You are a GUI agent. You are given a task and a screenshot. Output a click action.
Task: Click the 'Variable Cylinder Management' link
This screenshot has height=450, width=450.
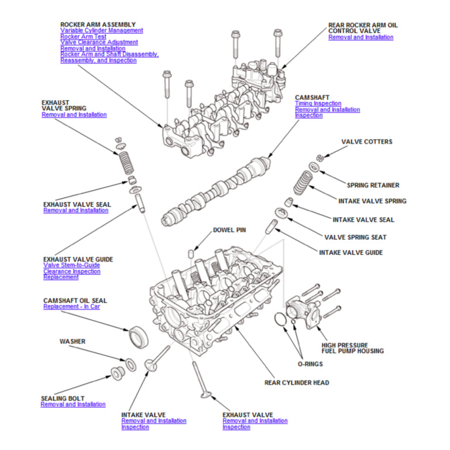click(101, 30)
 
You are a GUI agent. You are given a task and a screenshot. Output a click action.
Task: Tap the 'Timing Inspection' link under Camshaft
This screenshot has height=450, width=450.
click(318, 104)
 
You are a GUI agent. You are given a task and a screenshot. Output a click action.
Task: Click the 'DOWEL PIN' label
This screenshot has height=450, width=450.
click(229, 230)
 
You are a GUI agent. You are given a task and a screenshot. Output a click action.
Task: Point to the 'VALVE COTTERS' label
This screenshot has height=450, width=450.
click(367, 142)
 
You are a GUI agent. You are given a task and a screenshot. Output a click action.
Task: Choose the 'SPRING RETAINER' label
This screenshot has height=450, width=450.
click(373, 186)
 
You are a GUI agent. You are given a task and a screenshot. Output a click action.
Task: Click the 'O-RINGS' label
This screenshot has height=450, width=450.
click(310, 364)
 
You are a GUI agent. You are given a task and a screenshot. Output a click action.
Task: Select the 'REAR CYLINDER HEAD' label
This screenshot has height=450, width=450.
click(297, 383)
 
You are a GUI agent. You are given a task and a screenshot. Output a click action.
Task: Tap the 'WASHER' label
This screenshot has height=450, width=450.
click(73, 341)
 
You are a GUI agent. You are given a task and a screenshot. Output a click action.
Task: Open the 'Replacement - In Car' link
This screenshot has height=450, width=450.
click(71, 307)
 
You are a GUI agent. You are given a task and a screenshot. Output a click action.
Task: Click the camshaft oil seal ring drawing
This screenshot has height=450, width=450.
click(139, 336)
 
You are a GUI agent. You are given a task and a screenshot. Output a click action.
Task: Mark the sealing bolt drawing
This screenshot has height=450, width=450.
click(117, 373)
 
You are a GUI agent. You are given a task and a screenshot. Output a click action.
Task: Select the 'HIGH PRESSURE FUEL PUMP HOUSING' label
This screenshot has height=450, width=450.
click(353, 348)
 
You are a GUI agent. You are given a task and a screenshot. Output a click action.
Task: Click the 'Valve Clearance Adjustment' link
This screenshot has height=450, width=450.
click(99, 42)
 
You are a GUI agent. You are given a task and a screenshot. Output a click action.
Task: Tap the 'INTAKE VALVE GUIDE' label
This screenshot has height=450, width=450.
click(351, 253)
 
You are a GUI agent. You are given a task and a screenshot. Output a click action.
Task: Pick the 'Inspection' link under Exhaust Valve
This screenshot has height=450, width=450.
click(236, 427)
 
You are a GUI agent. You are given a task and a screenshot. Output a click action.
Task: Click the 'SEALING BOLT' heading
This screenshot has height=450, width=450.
click(63, 399)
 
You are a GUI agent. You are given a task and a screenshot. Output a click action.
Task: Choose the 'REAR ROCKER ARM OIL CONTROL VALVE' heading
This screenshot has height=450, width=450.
click(363, 28)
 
